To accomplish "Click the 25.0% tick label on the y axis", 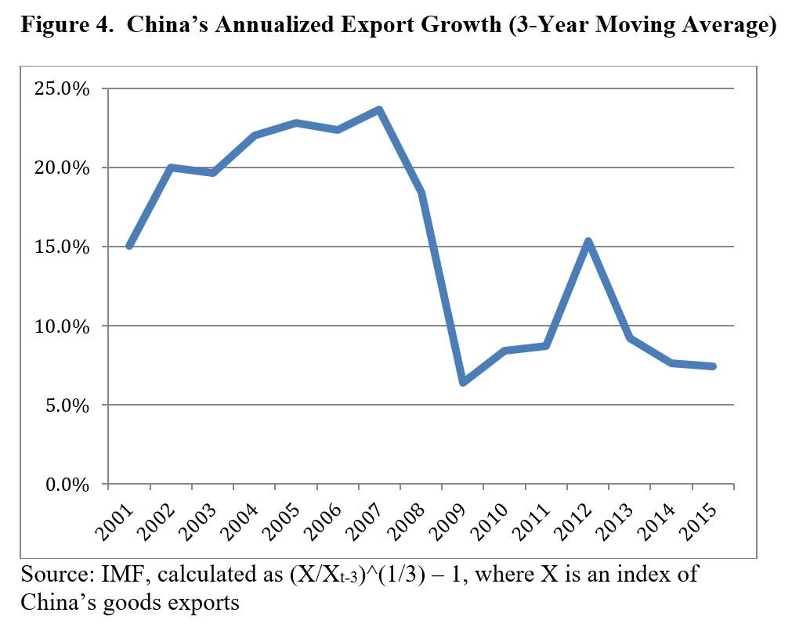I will [61, 88].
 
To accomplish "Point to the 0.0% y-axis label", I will [65, 485].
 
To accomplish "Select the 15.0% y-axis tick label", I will [61, 247].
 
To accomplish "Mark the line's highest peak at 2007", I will [380, 110].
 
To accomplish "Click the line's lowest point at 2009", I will [463, 383].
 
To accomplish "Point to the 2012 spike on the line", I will [588, 241].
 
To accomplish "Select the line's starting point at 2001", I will [129, 247].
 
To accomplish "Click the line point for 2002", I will [171, 168].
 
